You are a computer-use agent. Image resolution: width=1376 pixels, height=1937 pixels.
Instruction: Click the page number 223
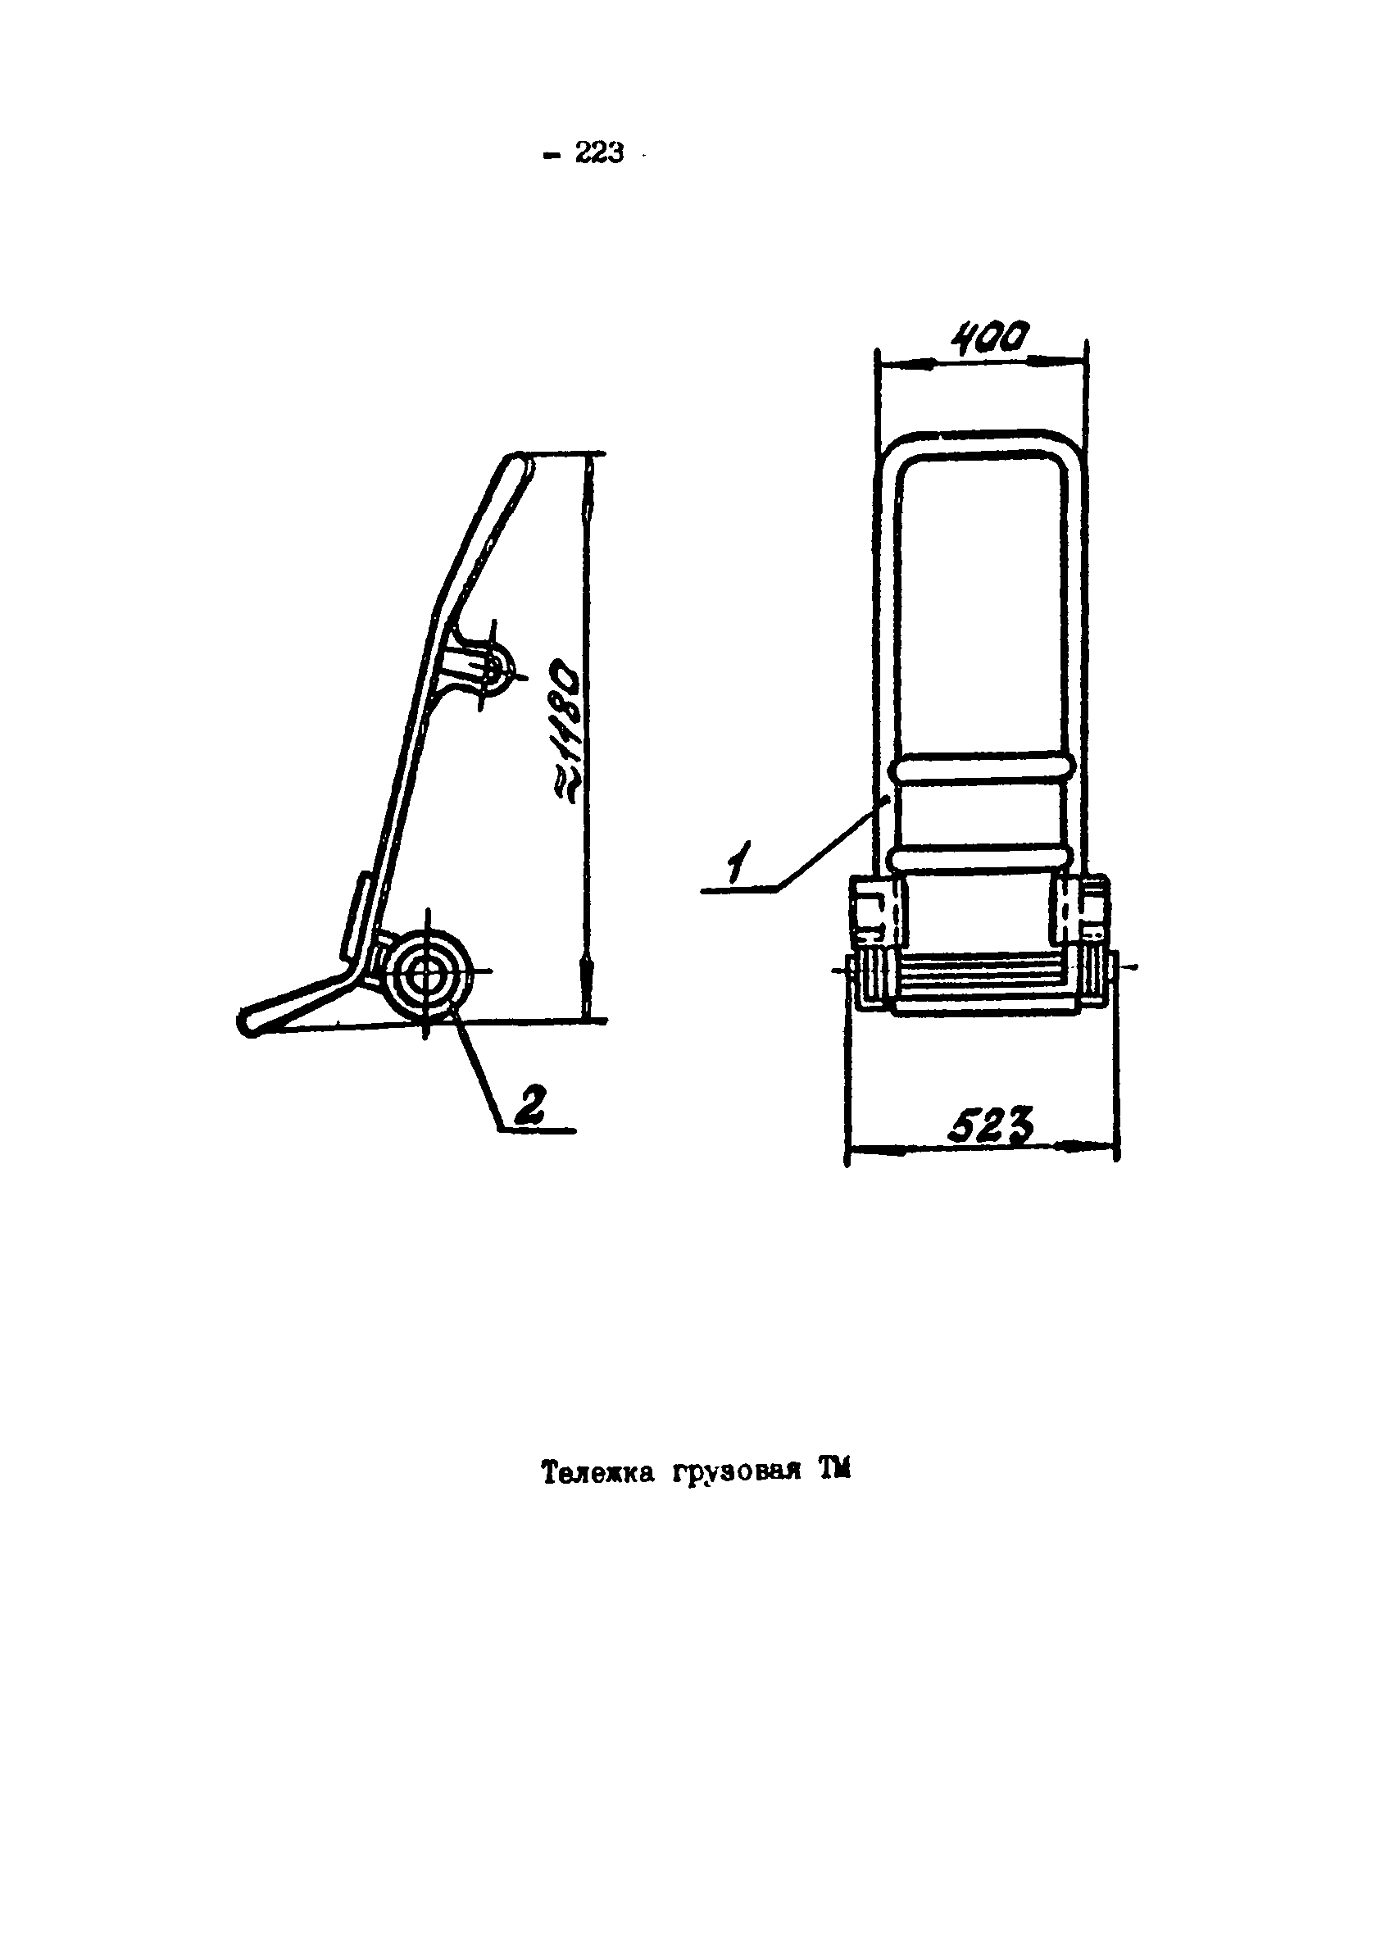coord(599,153)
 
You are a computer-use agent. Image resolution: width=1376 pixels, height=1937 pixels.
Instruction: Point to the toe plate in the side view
coord(293,1005)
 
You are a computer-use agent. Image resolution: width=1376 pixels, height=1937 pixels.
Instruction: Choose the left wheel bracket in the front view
coord(878,913)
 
